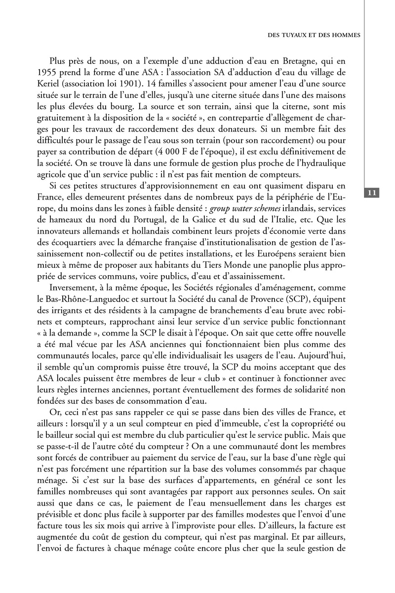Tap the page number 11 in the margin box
click(373, 192)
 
